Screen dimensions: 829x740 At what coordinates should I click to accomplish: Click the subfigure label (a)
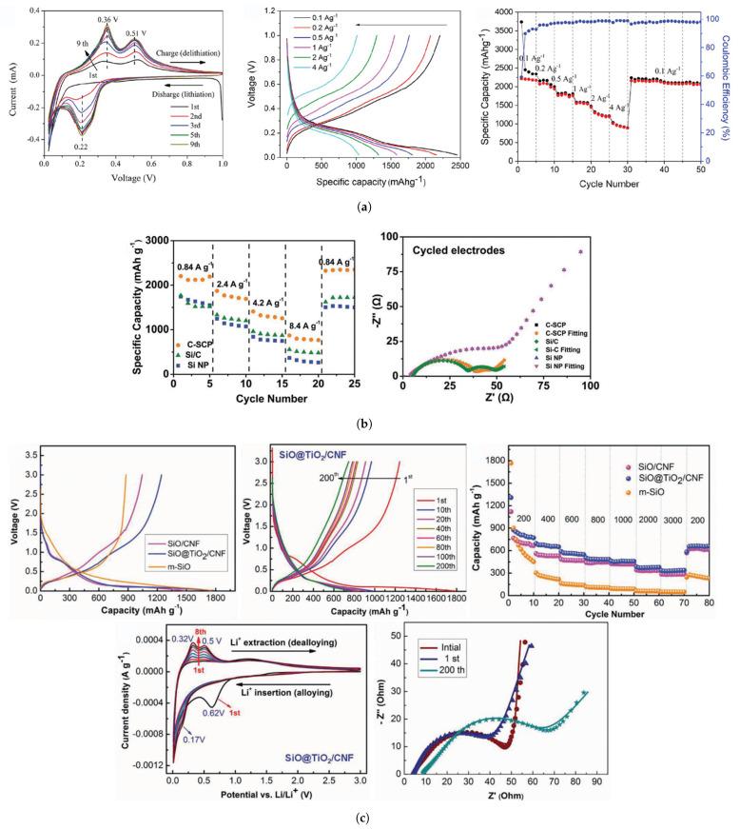(x=370, y=205)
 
